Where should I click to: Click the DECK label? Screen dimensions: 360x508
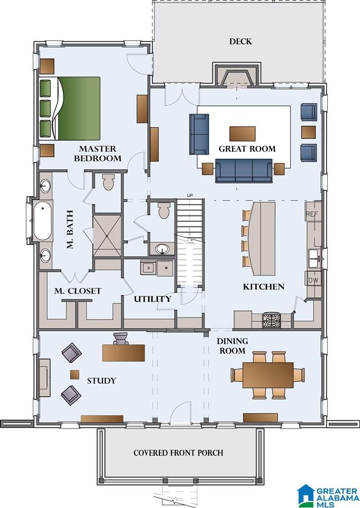tap(240, 41)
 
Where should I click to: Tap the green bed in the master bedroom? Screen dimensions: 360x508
tap(69, 108)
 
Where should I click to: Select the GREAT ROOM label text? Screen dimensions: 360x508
tap(247, 149)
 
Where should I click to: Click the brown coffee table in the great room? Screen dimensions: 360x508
tap(242, 134)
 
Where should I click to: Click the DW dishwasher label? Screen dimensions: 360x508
tap(313, 279)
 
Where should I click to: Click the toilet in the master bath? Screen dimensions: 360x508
tap(108, 182)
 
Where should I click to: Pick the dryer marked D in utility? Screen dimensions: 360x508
tap(149, 268)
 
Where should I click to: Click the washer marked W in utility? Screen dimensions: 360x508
tap(165, 268)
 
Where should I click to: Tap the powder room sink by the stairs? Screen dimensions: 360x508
tap(163, 249)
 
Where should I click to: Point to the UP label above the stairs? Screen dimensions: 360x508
tap(190, 196)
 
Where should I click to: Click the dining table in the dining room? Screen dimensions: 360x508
tap(268, 375)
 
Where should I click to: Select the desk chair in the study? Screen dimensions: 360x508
tap(121, 338)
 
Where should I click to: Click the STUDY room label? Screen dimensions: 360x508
tap(102, 380)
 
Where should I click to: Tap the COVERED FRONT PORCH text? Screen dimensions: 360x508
tap(178, 452)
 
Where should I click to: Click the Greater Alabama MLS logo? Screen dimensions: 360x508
tap(327, 495)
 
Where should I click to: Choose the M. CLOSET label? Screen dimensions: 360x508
tap(78, 291)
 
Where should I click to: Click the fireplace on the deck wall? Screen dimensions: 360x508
tap(237, 75)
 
